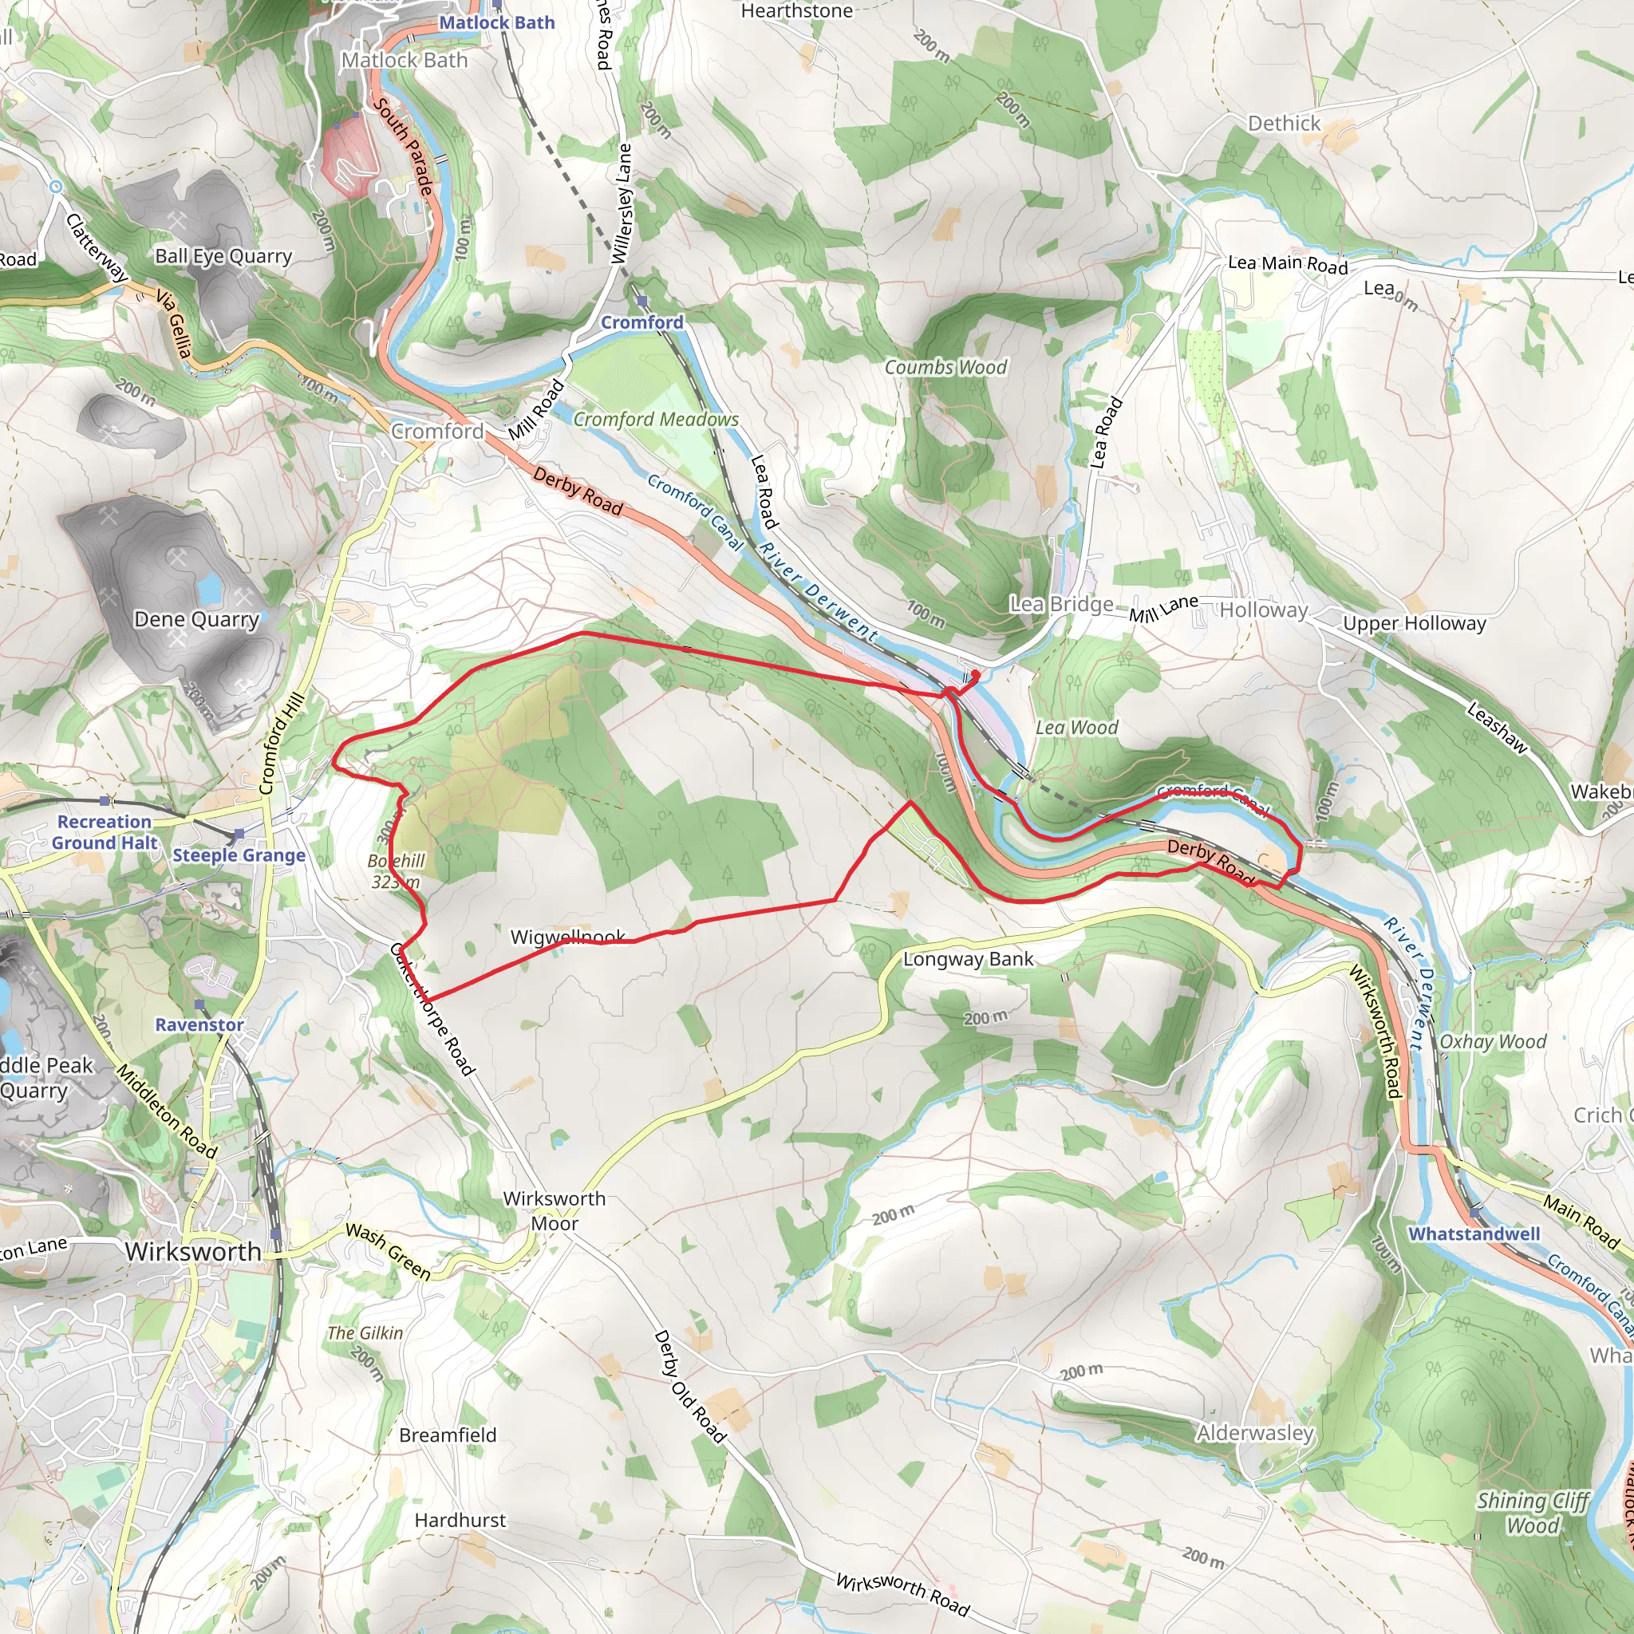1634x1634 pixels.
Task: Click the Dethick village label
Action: (x=1283, y=124)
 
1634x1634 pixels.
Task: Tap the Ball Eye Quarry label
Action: (x=223, y=255)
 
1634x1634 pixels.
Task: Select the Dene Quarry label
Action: (x=196, y=619)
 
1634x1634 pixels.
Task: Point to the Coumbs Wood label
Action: (x=945, y=367)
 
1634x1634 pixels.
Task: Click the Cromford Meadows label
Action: (x=656, y=420)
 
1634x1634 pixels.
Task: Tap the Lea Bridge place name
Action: (x=1061, y=604)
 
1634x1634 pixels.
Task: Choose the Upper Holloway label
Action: (x=1414, y=623)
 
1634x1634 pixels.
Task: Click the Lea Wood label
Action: (x=1076, y=728)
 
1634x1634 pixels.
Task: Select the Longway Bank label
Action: (x=969, y=959)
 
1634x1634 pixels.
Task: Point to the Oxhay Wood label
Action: (x=1493, y=1042)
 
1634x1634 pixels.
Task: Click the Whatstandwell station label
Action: (x=1474, y=1234)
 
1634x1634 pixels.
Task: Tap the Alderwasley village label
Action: (x=1255, y=1433)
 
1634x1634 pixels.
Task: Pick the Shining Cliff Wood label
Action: (x=1533, y=1512)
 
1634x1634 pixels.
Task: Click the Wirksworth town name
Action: (x=193, y=1252)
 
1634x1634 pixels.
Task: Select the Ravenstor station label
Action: (x=199, y=1025)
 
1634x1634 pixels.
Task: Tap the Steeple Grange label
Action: (x=239, y=855)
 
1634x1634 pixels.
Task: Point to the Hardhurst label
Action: (x=460, y=1545)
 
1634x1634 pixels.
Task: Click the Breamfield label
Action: (x=448, y=1435)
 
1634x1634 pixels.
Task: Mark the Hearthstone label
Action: (x=797, y=11)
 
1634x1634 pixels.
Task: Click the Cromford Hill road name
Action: (x=281, y=744)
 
